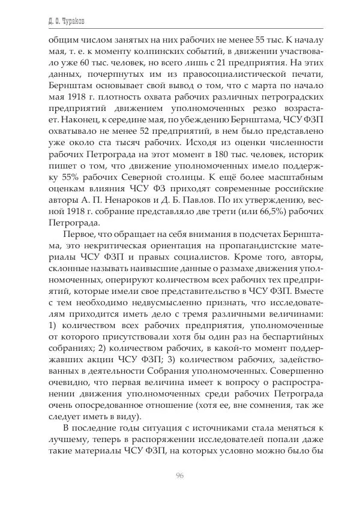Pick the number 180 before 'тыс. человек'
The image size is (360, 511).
209,154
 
